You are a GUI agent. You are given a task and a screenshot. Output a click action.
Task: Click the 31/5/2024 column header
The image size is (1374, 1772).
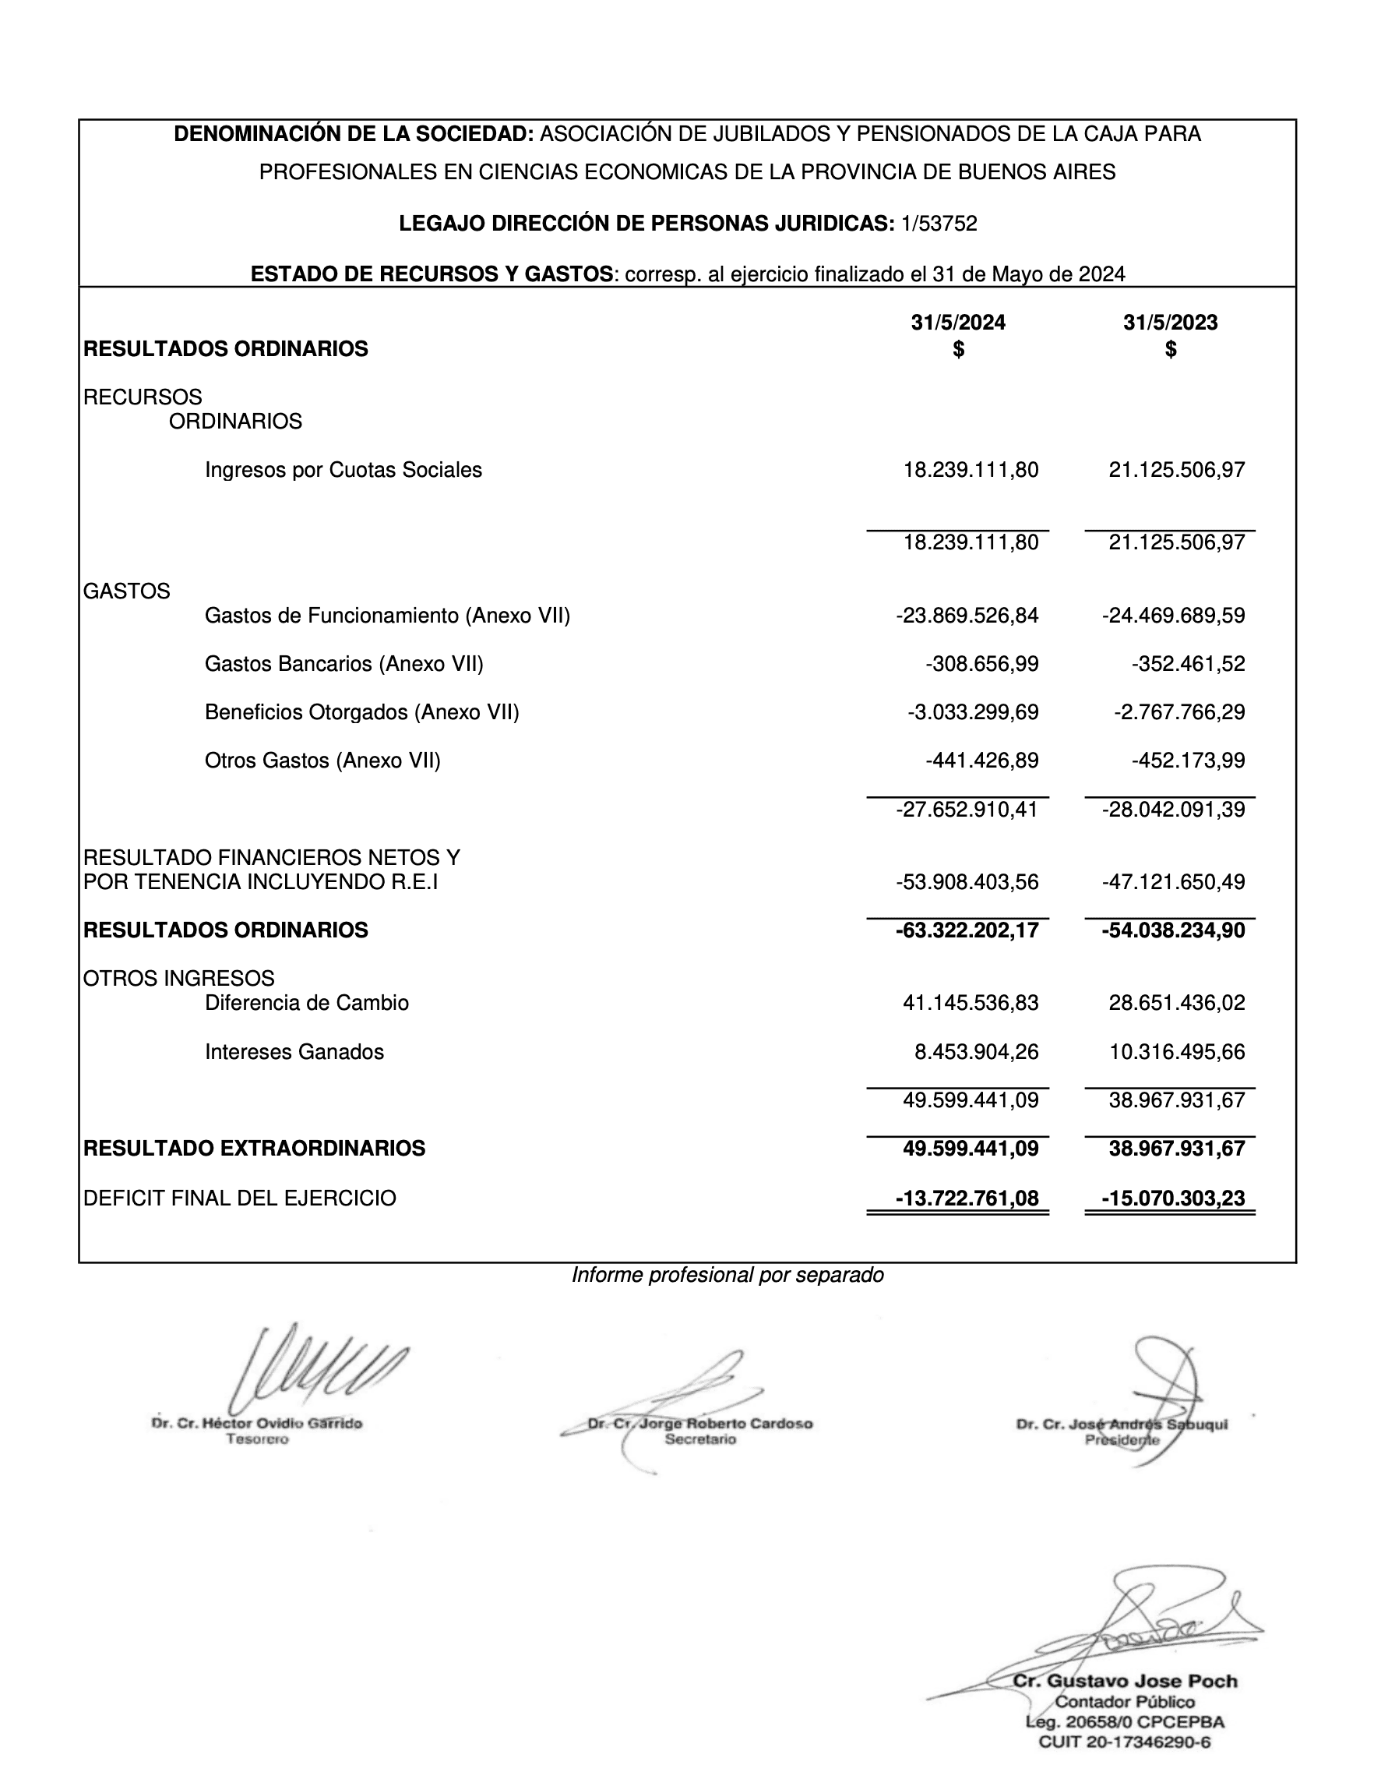coord(958,323)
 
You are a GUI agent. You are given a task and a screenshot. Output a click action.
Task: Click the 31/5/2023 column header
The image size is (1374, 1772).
coord(1170,323)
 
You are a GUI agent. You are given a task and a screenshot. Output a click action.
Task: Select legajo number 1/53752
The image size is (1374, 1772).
coord(939,224)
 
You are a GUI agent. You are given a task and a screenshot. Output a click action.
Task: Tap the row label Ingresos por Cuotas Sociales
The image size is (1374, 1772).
coord(343,471)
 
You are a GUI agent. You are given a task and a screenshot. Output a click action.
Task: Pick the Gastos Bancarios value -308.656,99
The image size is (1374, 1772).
coord(981,665)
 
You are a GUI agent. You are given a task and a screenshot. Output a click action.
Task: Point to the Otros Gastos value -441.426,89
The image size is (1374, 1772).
coord(981,761)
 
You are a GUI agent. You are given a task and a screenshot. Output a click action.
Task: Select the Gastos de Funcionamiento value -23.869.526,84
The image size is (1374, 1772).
coord(967,616)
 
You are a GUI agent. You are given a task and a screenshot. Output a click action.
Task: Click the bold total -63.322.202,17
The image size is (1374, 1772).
coord(967,930)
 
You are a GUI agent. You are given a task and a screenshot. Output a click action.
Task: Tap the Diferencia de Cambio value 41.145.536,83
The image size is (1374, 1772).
coord(970,1004)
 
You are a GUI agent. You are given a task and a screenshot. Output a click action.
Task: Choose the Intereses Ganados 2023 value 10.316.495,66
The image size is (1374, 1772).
coord(1177,1052)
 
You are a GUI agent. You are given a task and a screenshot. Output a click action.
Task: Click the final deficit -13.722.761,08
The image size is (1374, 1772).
coord(967,1198)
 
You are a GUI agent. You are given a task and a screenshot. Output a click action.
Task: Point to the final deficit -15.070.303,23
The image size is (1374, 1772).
coord(1173,1198)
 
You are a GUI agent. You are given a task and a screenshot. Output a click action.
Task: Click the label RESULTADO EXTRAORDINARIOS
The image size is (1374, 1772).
coord(254,1149)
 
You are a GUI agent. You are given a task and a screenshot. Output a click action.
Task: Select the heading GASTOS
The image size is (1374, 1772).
coord(126,591)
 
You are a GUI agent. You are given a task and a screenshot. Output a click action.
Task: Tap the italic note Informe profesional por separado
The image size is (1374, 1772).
coord(727,1276)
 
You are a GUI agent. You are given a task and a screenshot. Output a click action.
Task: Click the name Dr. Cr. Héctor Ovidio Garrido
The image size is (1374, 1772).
coord(256,1423)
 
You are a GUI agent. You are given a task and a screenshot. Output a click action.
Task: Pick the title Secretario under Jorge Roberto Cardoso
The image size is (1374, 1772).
coord(700,1439)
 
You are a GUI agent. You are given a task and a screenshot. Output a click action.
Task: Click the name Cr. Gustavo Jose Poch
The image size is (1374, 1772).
coord(1124,1681)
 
